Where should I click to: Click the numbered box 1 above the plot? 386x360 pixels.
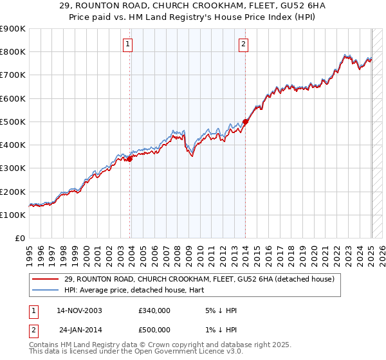pos(128,44)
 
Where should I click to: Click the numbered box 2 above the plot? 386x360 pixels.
pos(244,44)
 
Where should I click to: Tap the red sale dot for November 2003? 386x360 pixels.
pos(130,159)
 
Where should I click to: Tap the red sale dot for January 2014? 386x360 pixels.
pos(246,122)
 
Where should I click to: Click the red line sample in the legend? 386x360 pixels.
pos(46,280)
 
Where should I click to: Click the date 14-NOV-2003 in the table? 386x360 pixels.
pos(79,310)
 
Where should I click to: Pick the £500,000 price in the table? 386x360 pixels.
pos(154,330)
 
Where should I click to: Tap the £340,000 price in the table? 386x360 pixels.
pos(154,310)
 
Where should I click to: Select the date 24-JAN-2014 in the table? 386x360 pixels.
pos(80,330)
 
